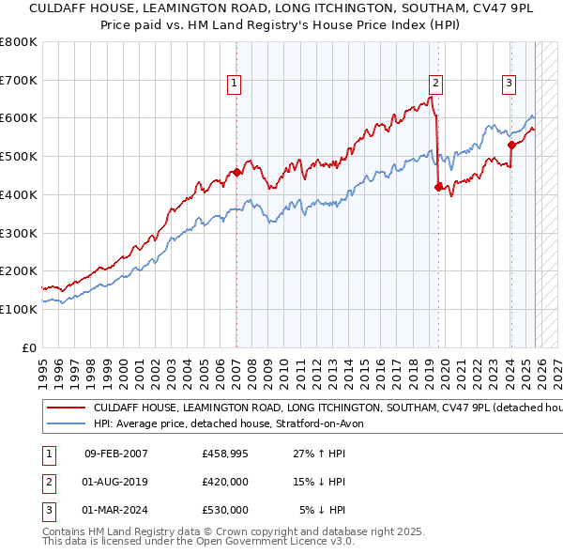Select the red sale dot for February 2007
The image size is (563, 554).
pos(236,172)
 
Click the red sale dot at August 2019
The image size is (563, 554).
pos(438,187)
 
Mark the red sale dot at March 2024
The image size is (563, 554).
pos(511,145)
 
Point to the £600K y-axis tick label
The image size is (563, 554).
pos(19,118)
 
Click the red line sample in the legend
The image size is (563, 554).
pos(66,409)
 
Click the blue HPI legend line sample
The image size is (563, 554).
pos(66,424)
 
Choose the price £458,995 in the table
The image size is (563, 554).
pos(224,454)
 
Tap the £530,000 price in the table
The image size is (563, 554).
pos(224,510)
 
